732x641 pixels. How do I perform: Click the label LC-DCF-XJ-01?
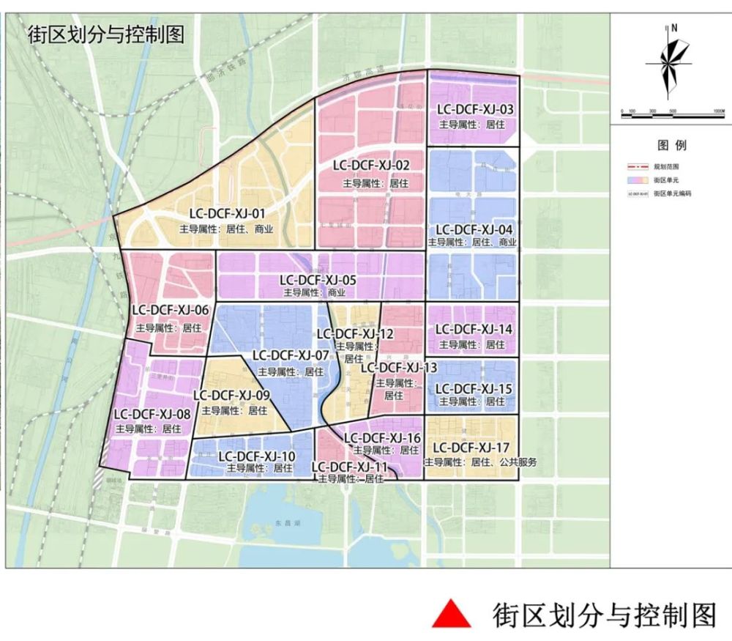[x=227, y=214]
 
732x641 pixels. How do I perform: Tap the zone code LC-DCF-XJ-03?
[x=475, y=110]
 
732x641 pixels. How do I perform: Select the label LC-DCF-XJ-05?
[x=318, y=280]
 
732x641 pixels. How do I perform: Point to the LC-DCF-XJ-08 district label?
[x=152, y=415]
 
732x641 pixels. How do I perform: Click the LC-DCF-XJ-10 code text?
[x=257, y=456]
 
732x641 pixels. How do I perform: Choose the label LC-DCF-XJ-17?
[x=471, y=447]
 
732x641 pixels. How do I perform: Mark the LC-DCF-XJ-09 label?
[x=232, y=396]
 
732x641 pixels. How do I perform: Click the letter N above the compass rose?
[x=674, y=28]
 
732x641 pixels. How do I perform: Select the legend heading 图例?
[x=671, y=145]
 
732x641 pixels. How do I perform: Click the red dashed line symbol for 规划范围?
[x=635, y=166]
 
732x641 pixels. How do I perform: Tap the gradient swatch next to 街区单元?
[x=635, y=179]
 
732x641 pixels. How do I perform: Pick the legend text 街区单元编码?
[x=672, y=193]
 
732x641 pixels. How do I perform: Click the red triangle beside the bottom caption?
[x=451, y=614]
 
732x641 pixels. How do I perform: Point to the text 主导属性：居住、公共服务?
[x=481, y=462]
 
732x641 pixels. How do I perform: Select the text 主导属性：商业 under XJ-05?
[x=314, y=292]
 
